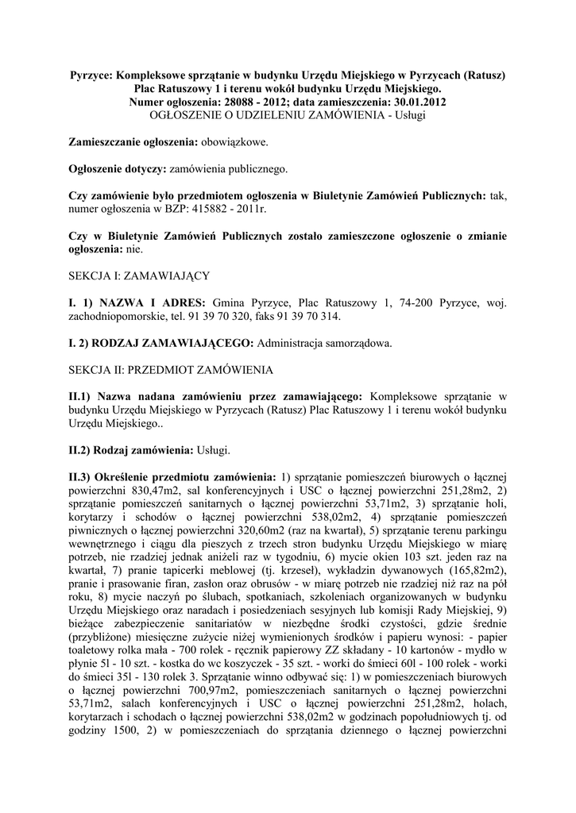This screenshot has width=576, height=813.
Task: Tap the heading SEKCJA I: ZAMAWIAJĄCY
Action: [x=138, y=275]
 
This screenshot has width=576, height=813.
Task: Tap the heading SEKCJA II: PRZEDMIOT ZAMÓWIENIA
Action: [x=171, y=370]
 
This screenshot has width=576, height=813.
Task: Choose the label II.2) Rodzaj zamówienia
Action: [x=130, y=450]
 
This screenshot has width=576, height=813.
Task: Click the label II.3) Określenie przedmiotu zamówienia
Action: [x=172, y=477]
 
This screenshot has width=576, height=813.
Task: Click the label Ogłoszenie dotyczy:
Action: [x=118, y=169]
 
